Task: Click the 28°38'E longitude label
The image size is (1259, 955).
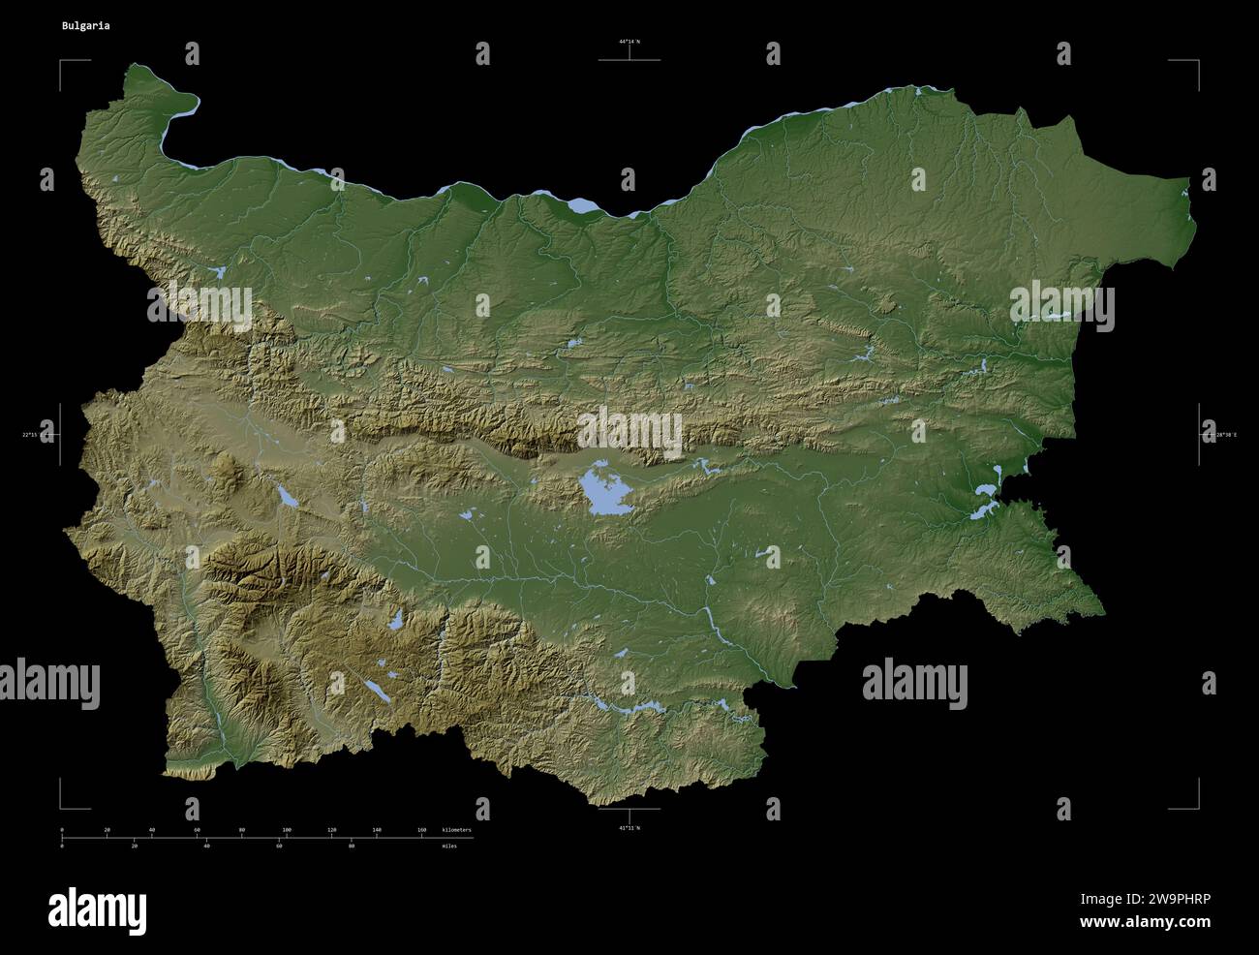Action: pyautogui.click(x=1222, y=435)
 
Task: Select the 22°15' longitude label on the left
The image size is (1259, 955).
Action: pyautogui.click(x=37, y=435)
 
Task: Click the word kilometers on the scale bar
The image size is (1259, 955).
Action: pyautogui.click(x=456, y=830)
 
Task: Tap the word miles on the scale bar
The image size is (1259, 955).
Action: pyautogui.click(x=447, y=846)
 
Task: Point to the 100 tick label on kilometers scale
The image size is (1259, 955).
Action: pyautogui.click(x=287, y=830)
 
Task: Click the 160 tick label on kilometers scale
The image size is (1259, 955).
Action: pyautogui.click(x=421, y=830)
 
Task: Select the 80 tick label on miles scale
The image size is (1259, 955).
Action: pyautogui.click(x=351, y=846)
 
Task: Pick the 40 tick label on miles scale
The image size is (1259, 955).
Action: pyautogui.click(x=206, y=846)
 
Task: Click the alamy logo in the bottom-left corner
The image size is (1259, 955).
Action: pyautogui.click(x=97, y=910)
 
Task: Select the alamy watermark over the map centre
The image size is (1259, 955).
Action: pyautogui.click(x=629, y=432)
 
